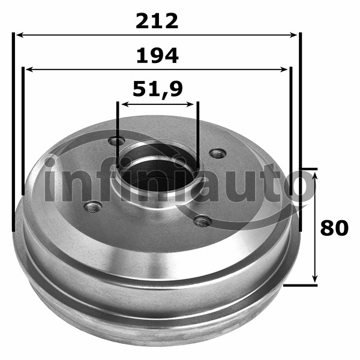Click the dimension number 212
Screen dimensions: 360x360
pos(157,21)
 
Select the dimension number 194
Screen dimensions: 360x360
pos(157,56)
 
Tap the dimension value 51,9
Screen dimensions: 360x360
pos(158,89)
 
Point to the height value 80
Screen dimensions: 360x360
pos(334,228)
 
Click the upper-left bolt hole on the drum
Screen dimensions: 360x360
pos(117,141)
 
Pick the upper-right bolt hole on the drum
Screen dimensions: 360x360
pos(218,154)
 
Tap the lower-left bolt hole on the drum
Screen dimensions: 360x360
pos(93,207)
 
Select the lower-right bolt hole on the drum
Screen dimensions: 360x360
pos(203,221)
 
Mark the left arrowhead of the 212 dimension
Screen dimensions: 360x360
pos(20,35)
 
